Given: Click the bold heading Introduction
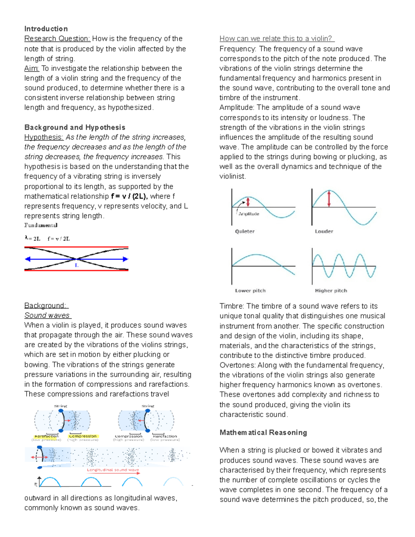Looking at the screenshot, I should pyautogui.click(x=46, y=29).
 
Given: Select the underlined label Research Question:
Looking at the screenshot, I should pyautogui.click(x=57, y=39).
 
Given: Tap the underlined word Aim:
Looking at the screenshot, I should pyautogui.click(x=31, y=68).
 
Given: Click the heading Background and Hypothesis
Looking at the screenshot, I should pyautogui.click(x=75, y=127).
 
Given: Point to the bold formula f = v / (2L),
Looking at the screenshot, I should pyautogui.click(x=129, y=196).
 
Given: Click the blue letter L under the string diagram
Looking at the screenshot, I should pyautogui.click(x=77, y=265).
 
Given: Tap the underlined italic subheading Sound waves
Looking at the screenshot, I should pyautogui.click(x=47, y=315).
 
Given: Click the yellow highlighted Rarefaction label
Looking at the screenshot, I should pyautogui.click(x=46, y=436).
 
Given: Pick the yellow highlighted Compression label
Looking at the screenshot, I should pyautogui.click(x=83, y=436).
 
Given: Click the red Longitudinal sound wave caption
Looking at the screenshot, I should pyautogui.click(x=113, y=470).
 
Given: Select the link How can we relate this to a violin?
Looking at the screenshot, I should pyautogui.click(x=277, y=39).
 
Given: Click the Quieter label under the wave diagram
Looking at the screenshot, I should pyautogui.click(x=245, y=231).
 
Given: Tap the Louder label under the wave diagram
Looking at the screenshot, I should pyautogui.click(x=324, y=231).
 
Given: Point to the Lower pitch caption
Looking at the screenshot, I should pyautogui.click(x=250, y=290).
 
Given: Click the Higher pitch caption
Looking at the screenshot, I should pyautogui.click(x=331, y=290).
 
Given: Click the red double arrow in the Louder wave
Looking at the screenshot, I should pyautogui.click(x=329, y=198).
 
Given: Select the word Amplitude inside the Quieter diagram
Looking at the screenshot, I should pyautogui.click(x=249, y=214).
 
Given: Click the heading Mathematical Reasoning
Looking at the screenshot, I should pyautogui.click(x=263, y=433).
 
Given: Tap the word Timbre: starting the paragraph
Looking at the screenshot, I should pyautogui.click(x=232, y=306).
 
